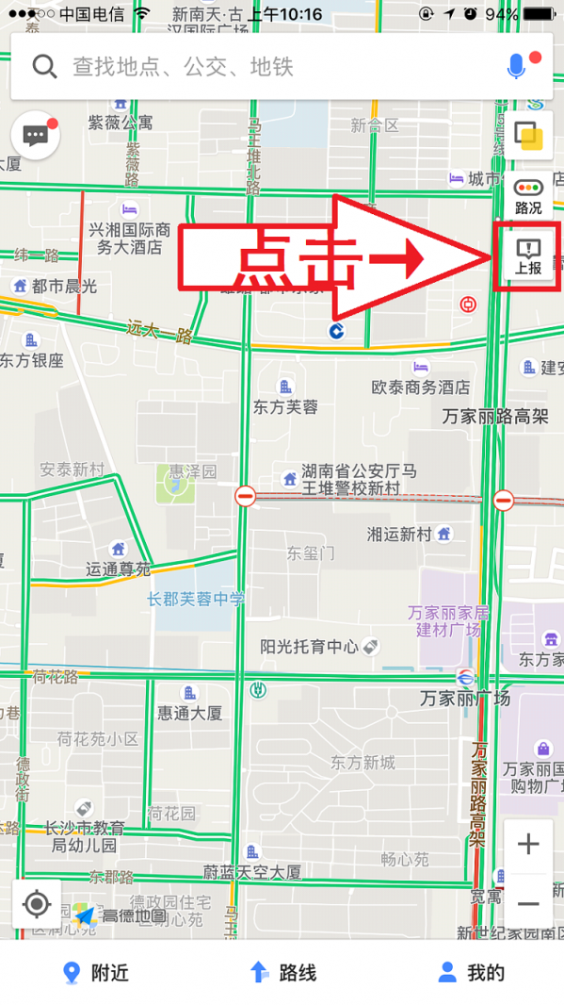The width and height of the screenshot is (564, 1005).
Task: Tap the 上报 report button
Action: [528, 255]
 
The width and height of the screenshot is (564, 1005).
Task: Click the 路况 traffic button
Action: [528, 197]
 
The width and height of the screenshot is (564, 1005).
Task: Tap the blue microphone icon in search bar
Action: [516, 66]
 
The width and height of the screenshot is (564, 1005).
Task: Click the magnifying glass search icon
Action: [44, 66]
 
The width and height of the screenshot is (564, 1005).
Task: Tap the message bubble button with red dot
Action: [36, 136]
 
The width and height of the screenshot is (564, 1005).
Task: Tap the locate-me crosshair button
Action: [37, 904]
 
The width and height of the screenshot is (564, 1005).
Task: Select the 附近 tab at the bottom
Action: [94, 973]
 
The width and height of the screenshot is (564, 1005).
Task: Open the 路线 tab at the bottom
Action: [282, 973]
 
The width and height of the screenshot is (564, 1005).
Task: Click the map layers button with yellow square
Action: [528, 136]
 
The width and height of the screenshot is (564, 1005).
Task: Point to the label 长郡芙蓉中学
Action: [196, 599]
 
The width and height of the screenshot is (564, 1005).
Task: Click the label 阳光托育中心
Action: [310, 647]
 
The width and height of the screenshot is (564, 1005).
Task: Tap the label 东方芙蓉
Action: [285, 406]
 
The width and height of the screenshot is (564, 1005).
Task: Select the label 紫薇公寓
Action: [120, 122]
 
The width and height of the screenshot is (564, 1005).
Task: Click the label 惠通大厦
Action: [189, 713]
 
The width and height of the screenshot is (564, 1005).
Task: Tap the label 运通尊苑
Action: [118, 568]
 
